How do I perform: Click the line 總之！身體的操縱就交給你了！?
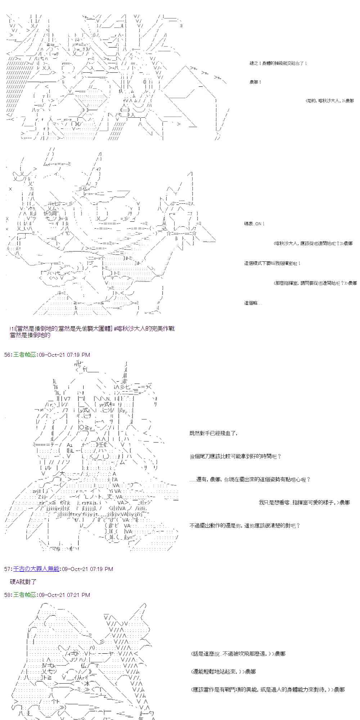278,63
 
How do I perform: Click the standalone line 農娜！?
255,82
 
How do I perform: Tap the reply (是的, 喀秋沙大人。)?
330,101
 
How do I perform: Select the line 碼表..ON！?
254,224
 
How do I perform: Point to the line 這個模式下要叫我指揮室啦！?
272,264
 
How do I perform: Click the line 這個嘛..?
253,303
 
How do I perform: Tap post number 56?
8,355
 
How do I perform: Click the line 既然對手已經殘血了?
213,433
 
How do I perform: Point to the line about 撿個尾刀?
235,456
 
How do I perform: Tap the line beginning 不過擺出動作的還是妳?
244,526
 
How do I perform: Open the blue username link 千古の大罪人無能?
36,569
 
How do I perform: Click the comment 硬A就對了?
23,582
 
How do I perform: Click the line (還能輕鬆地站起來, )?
224,671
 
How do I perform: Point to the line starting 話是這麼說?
238,653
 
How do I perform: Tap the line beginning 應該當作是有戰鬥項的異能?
268,689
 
